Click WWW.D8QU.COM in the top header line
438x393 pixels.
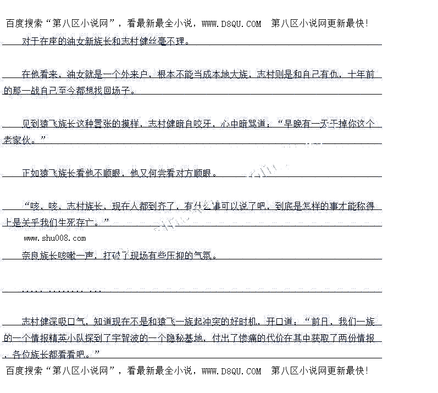click(231, 24)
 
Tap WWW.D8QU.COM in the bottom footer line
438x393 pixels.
click(231, 372)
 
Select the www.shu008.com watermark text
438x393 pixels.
click(55, 239)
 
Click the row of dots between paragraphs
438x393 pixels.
click(60, 289)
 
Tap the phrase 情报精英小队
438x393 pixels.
click(58, 338)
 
